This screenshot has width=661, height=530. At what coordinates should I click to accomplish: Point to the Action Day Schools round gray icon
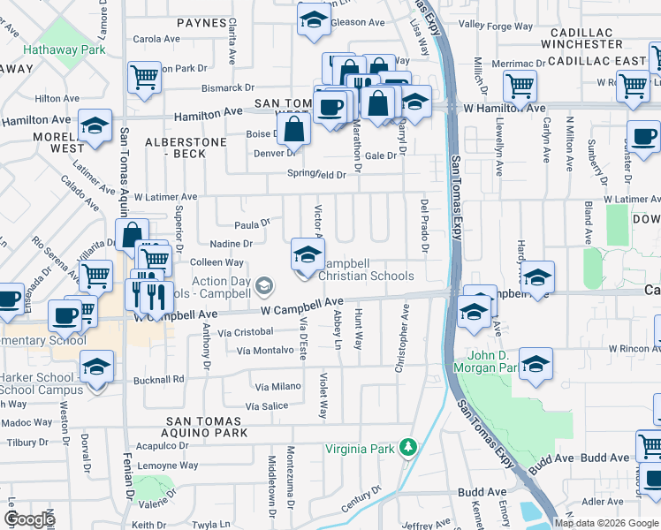tap(263, 286)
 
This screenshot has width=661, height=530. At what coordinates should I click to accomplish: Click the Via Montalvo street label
tap(264, 350)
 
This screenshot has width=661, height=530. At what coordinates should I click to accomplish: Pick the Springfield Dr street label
tap(316, 174)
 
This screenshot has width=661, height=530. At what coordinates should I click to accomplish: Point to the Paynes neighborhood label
tap(201, 22)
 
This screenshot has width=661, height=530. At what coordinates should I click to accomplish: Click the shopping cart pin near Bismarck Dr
tap(143, 76)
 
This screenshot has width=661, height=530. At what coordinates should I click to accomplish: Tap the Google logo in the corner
tap(29, 519)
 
